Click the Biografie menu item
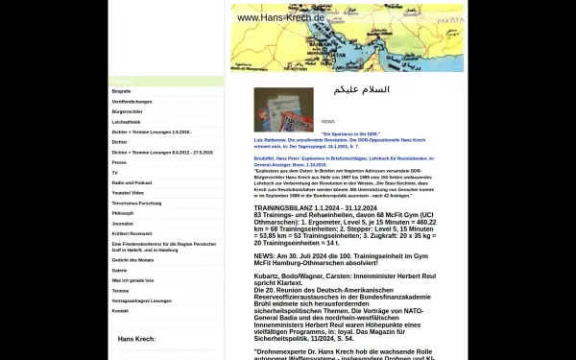[122, 91]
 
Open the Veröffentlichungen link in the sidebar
[130, 101]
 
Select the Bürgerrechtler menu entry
[127, 111]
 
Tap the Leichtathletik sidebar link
[127, 122]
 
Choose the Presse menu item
[119, 162]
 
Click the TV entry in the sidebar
[115, 172]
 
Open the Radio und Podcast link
[132, 182]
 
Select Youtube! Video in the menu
[129, 193]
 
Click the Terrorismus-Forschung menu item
[135, 204]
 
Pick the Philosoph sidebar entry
[123, 213]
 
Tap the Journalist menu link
[123, 224]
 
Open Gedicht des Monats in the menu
[132, 260]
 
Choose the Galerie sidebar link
[120, 270]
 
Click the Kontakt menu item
[120, 311]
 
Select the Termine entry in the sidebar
[120, 290]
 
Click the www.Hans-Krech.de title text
[280, 17]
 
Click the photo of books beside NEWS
[282, 109]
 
